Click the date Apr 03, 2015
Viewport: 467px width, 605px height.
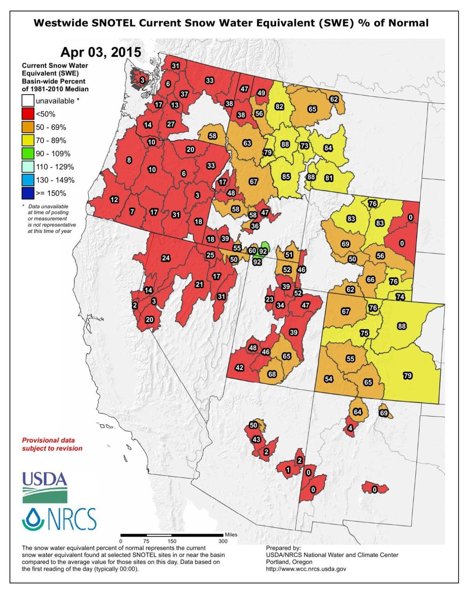tap(100, 52)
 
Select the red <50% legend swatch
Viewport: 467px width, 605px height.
tap(28, 114)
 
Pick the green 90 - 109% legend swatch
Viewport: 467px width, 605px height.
tap(28, 153)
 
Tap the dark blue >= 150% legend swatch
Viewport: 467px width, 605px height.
tap(28, 193)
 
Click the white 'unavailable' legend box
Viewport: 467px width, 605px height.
tap(28, 101)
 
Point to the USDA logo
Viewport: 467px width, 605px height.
tap(44, 487)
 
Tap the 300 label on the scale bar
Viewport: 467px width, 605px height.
tap(223, 541)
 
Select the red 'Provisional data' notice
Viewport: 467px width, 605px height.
tap(52, 444)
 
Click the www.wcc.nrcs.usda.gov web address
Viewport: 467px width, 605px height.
tap(306, 569)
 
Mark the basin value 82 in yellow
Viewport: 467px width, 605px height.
tap(279, 107)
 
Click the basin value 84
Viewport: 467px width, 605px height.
tap(328, 148)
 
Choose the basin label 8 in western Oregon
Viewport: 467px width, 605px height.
tap(129, 160)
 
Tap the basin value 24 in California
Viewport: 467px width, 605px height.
tap(166, 258)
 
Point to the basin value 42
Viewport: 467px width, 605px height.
tap(240, 367)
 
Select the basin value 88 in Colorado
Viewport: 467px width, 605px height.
tap(402, 326)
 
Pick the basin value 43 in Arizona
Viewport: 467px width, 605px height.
tap(256, 439)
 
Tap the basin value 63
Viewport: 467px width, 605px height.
tap(247, 143)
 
